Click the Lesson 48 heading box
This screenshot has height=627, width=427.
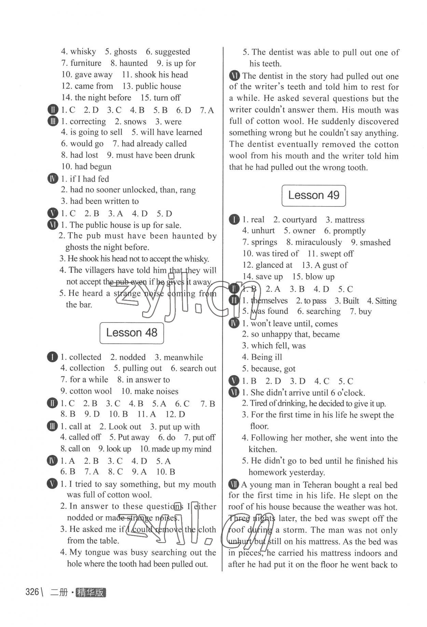132,333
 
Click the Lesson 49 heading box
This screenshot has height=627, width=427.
314,196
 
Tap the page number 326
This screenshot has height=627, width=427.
32,592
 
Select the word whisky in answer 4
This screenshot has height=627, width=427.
83,52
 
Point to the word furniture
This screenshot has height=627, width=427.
86,63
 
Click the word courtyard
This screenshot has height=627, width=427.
299,220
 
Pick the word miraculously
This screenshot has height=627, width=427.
318,242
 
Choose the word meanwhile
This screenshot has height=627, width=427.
183,357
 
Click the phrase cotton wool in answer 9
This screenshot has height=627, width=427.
91,391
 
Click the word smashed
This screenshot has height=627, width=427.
375,242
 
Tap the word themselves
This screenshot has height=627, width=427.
269,301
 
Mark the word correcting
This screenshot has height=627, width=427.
88,122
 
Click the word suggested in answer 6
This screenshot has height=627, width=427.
172,52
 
